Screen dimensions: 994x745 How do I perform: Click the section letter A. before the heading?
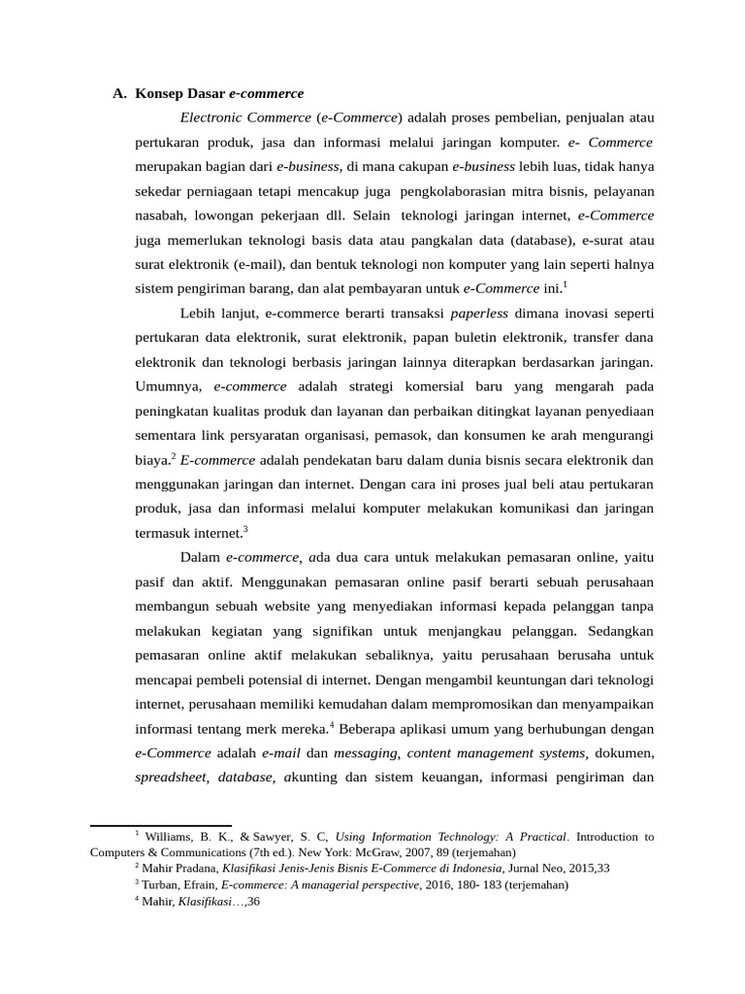coord(119,94)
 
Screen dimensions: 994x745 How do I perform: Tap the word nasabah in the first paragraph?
coord(159,215)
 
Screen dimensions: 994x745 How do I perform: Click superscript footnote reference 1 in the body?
coord(565,284)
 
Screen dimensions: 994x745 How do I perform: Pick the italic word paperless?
coord(480,314)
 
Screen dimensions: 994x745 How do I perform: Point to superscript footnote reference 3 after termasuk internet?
coord(246,528)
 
